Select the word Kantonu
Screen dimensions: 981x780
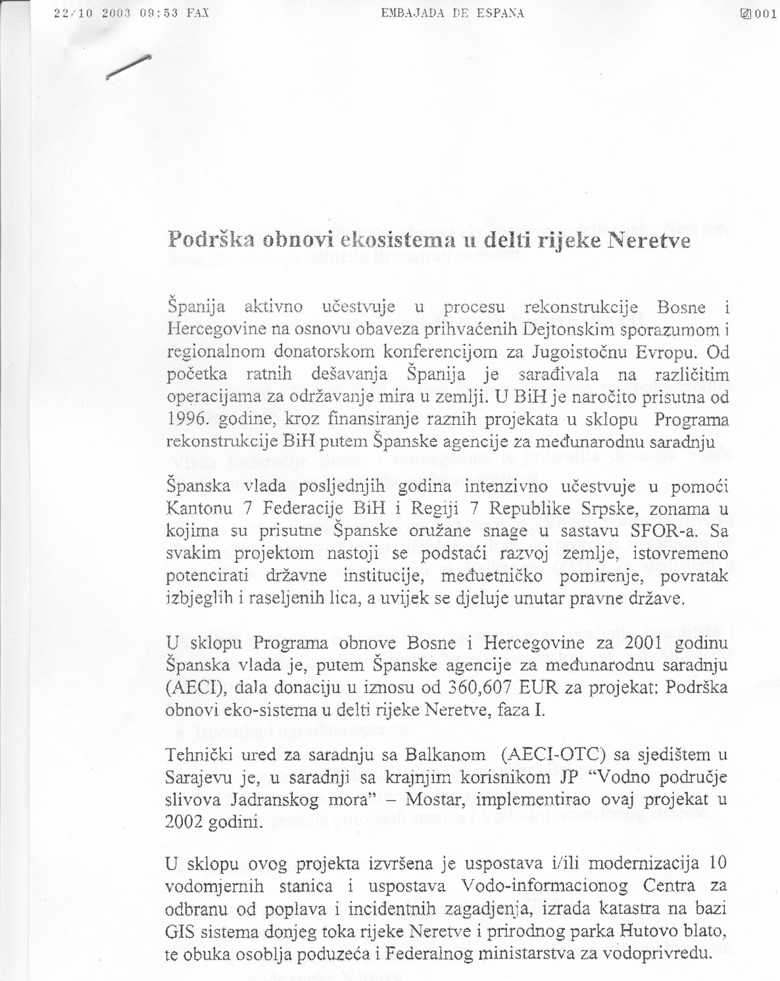click(200, 509)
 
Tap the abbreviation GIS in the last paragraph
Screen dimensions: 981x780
click(182, 931)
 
